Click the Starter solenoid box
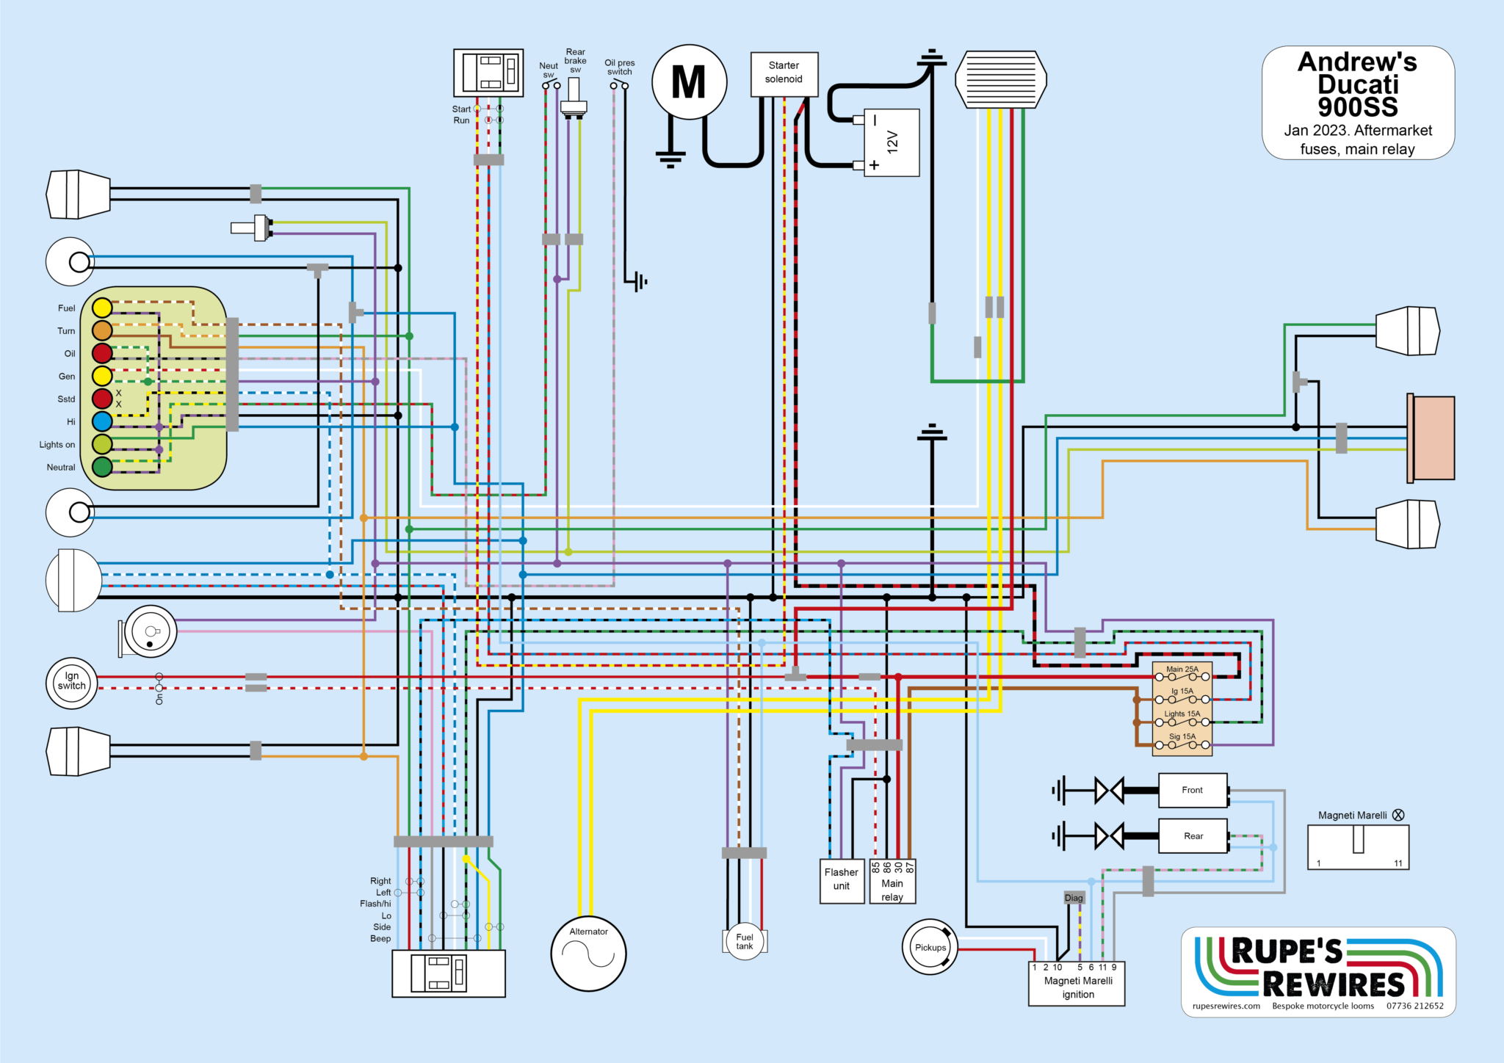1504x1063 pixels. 784,73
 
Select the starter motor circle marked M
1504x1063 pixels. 689,81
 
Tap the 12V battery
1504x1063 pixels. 892,142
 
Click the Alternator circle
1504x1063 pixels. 588,953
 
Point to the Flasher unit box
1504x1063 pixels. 842,880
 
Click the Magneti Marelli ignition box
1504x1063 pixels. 1077,987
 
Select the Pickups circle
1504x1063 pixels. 930,947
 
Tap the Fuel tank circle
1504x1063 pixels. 745,941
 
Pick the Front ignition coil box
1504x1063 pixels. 1192,791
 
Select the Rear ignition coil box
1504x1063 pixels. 1193,836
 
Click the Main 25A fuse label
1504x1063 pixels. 1182,669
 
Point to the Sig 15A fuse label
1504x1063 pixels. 1182,736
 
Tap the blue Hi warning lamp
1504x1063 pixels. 102,421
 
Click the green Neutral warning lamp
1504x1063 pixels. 102,466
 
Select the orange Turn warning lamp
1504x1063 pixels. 102,330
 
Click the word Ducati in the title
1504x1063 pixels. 1357,84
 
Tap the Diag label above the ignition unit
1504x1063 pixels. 1074,898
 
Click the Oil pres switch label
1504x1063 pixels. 619,68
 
